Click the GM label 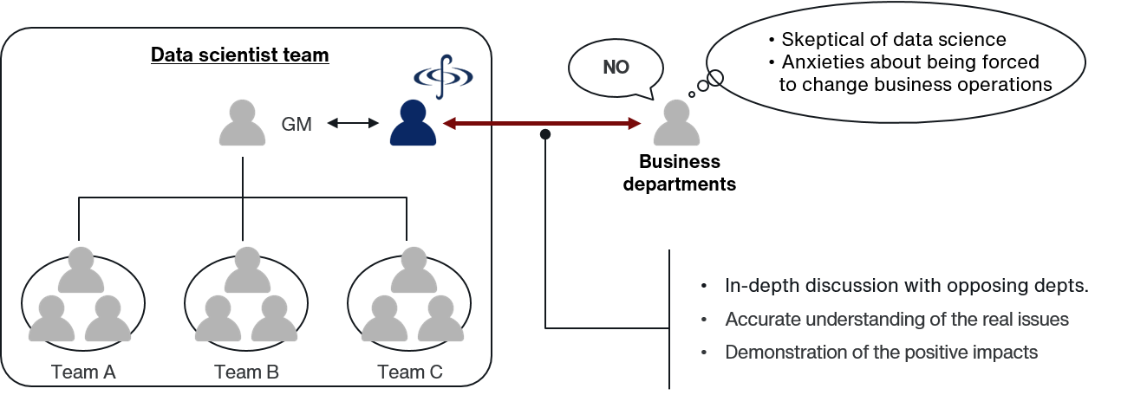297,125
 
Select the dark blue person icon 414,123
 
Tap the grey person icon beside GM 242,123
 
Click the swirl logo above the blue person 443,75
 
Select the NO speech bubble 616,68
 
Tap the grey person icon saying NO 675,123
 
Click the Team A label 84,372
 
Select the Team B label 246,372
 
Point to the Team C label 410,372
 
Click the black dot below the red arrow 545,135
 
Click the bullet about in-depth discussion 906,287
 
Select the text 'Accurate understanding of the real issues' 896,320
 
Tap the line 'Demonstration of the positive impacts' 881,353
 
